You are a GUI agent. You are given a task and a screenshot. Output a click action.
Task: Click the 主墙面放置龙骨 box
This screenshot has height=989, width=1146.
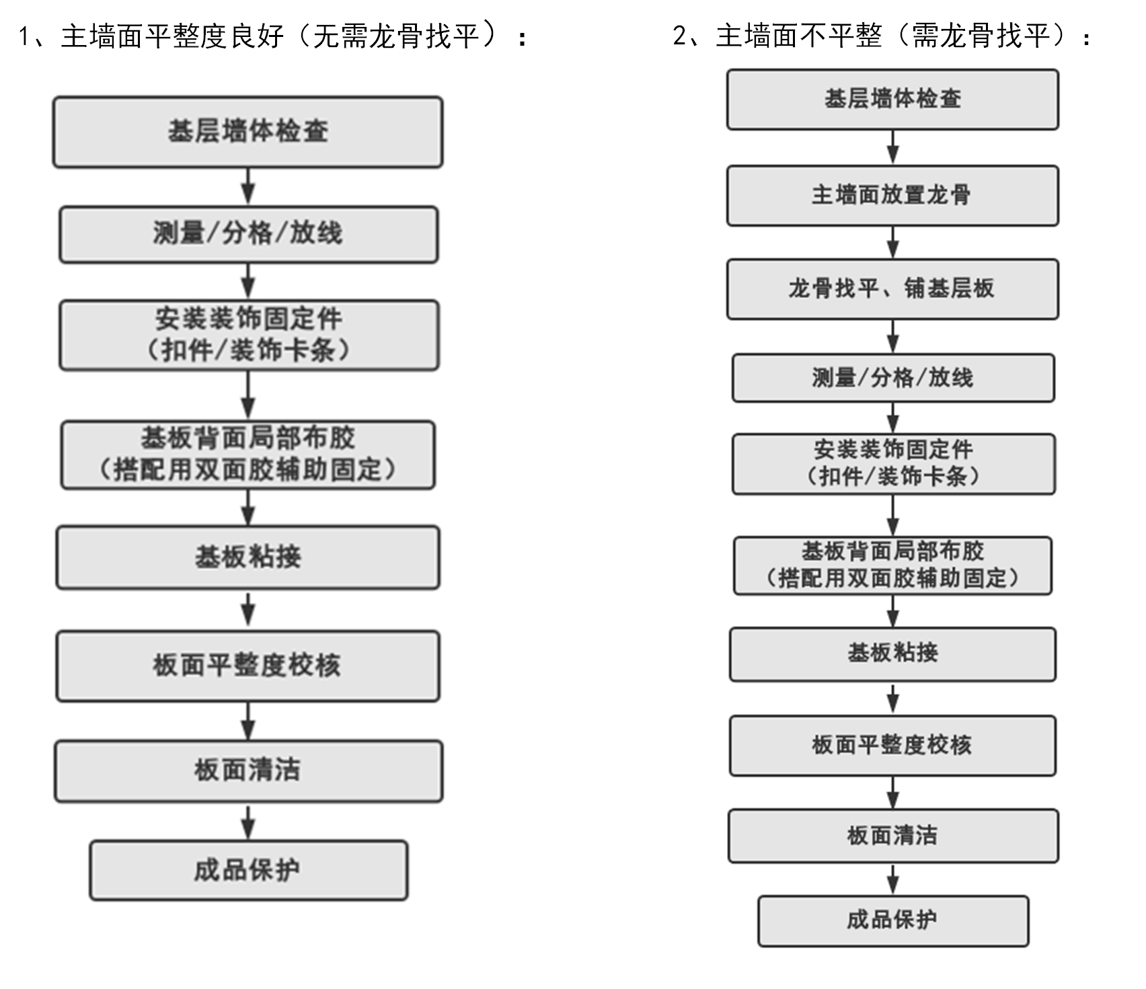[892, 196]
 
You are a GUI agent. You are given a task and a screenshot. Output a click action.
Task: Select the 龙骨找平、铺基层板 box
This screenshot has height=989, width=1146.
[892, 289]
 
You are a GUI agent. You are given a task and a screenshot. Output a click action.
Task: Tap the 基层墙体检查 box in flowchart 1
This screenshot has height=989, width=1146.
[247, 132]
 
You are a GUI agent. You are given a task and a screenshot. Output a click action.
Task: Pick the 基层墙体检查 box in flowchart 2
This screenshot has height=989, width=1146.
[892, 100]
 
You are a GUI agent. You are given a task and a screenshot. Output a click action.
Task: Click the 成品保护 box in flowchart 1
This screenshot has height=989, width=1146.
[248, 870]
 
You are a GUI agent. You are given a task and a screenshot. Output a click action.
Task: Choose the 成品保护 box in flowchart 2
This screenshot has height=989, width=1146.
[892, 920]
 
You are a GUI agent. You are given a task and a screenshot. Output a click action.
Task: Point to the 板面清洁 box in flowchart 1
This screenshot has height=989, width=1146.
[248, 770]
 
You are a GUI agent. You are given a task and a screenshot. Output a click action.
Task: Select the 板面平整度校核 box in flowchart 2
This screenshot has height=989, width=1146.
[892, 746]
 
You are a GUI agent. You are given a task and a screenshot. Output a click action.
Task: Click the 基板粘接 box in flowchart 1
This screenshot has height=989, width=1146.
[248, 557]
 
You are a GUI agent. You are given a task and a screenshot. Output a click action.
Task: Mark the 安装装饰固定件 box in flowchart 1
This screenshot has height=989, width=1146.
[249, 335]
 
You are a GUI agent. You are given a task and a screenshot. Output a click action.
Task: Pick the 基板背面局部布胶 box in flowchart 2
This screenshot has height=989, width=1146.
[892, 565]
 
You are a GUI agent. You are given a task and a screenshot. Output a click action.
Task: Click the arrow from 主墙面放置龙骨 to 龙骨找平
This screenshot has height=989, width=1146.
[892, 242]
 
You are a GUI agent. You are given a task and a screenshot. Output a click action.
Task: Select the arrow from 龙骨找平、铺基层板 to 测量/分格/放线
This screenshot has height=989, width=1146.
[892, 336]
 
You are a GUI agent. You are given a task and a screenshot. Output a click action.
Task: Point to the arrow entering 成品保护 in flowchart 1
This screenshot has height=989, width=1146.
[248, 821]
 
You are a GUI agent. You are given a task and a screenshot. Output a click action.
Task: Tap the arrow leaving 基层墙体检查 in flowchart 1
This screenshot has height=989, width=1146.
[248, 186]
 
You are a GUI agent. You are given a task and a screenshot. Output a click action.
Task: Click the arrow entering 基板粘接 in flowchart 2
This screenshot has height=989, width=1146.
[892, 611]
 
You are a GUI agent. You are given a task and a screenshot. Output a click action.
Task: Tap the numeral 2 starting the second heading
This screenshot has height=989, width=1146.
[680, 36]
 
